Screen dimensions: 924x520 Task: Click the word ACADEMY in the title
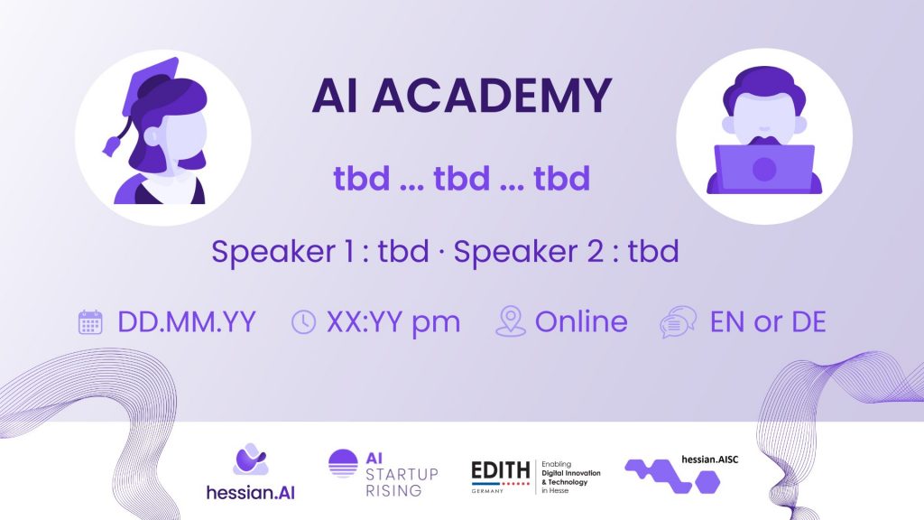[x=493, y=95]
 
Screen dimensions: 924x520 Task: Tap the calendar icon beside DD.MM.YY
[x=90, y=322]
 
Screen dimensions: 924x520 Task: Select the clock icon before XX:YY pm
[x=303, y=322]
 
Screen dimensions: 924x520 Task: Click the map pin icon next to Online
[x=511, y=321]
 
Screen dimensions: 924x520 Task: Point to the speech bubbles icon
[x=679, y=322]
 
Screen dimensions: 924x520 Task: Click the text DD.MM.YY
[x=187, y=322]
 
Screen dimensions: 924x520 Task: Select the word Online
[x=581, y=322]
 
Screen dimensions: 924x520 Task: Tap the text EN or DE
[x=768, y=322]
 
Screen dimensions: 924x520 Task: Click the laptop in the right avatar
[x=764, y=169]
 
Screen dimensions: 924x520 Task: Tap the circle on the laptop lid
[x=764, y=169]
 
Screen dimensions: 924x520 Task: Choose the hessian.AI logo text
[x=251, y=492]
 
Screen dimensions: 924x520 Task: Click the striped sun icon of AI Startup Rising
[x=343, y=463]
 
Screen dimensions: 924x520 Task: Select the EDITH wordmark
[x=500, y=470]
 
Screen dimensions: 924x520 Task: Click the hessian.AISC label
[x=709, y=460]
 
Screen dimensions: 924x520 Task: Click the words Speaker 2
[x=529, y=252]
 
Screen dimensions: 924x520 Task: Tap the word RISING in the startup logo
[x=393, y=490]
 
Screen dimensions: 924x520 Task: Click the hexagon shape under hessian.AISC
[x=707, y=482]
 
